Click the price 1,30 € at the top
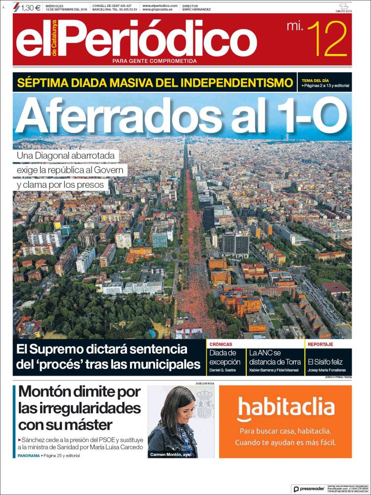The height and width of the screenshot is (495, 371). click(x=31, y=7)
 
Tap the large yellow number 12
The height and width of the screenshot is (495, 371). click(x=327, y=39)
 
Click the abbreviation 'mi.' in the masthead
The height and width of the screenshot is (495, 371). click(x=295, y=26)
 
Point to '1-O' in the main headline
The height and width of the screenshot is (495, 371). click(x=310, y=115)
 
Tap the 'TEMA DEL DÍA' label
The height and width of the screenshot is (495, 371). click(x=315, y=80)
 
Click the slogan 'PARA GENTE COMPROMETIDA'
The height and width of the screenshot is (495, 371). click(x=154, y=61)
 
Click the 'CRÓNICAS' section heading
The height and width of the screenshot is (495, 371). click(x=221, y=344)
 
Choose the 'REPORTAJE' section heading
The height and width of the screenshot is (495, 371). click(x=320, y=344)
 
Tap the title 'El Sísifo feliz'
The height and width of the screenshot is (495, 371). click(x=325, y=362)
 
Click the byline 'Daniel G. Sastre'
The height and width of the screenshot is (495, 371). click(x=223, y=370)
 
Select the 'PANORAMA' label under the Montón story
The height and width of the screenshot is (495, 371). click(x=28, y=455)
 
